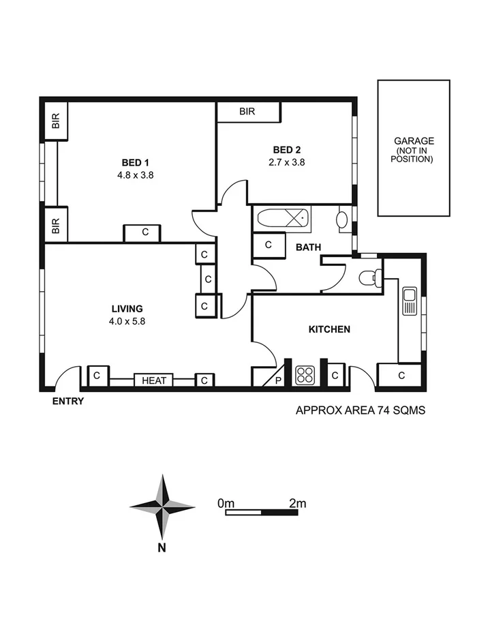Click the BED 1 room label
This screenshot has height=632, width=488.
(x=135, y=162)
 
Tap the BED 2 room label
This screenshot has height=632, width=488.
(x=287, y=150)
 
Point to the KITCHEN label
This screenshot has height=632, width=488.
(x=329, y=329)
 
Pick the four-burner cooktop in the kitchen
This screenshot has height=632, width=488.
(x=305, y=375)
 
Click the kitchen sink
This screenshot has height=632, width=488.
(x=409, y=301)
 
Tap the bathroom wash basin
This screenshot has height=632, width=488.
(x=343, y=220)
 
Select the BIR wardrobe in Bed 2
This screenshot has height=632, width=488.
(x=248, y=112)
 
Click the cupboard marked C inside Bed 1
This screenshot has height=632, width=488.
(x=145, y=232)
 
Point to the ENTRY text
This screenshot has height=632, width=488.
(x=68, y=402)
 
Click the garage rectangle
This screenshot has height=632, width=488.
(x=414, y=148)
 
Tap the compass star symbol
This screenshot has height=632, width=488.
(x=162, y=507)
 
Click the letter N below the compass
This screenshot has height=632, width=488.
(x=162, y=547)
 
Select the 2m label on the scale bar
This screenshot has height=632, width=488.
(x=297, y=503)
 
